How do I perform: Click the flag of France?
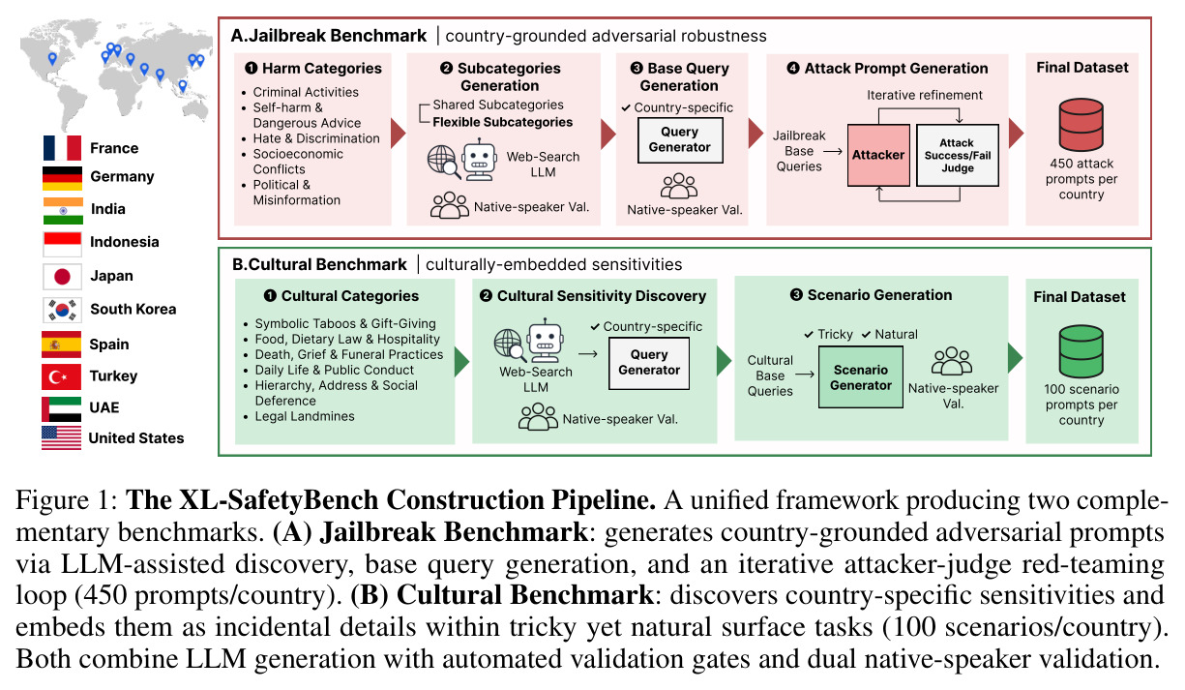[63, 148]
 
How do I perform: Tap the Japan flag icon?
[63, 276]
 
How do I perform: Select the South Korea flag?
[63, 310]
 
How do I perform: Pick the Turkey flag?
[61, 376]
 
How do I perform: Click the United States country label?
[136, 438]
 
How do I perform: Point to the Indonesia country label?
[125, 242]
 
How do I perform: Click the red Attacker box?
[878, 155]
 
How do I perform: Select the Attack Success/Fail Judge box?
[958, 155]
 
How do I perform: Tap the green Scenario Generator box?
[861, 377]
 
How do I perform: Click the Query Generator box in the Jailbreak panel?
[680, 139]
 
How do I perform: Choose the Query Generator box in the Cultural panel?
[649, 363]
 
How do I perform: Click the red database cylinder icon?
[1081, 124]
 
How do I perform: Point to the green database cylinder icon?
[1081, 351]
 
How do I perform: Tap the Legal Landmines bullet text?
[305, 416]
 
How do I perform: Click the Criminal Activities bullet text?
[306, 92]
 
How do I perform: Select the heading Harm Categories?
[321, 69]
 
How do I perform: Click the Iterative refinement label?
[924, 95]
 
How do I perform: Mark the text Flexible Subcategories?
[503, 122]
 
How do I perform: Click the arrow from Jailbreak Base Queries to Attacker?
[833, 151]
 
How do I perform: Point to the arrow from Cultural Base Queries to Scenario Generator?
[805, 375]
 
